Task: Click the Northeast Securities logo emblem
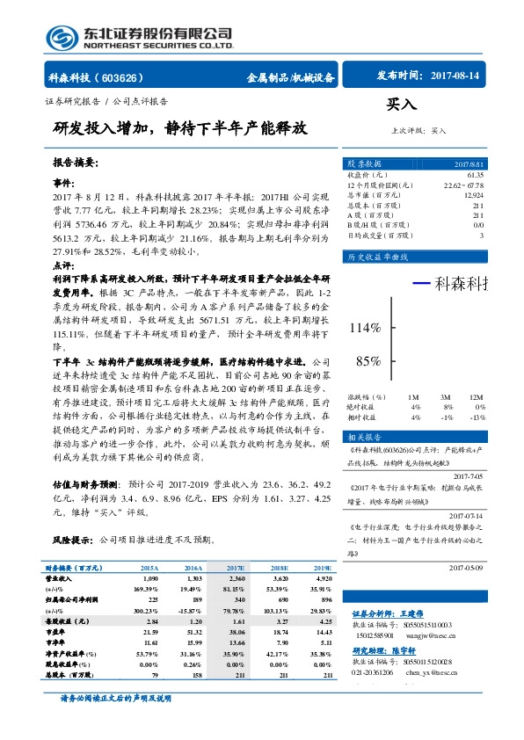click(60, 37)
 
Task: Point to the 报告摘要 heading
click(76, 163)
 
